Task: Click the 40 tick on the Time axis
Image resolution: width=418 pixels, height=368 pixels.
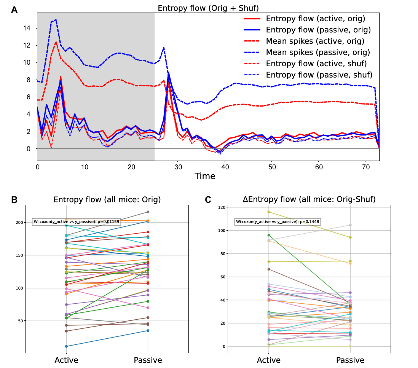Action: click(225, 167)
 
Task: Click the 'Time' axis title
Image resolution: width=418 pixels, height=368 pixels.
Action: click(205, 176)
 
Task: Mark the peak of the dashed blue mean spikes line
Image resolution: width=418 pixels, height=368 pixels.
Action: click(56, 19)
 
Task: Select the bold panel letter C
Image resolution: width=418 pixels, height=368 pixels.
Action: click(208, 199)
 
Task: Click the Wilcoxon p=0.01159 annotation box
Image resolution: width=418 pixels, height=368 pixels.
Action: click(77, 222)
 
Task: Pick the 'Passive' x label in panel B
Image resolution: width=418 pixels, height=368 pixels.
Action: click(148, 360)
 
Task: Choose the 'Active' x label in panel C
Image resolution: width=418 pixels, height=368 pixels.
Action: click(269, 360)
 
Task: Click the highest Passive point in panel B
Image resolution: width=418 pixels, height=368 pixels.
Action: click(148, 212)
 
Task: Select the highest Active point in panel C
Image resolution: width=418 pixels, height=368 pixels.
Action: click(269, 212)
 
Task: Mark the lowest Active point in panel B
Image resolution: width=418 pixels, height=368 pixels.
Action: click(67, 346)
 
